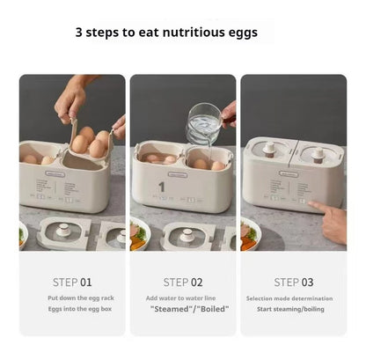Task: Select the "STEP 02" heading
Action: pos(183,283)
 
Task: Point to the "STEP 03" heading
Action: pos(293,283)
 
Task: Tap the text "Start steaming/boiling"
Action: pos(293,311)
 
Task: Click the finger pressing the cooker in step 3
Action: pos(329,212)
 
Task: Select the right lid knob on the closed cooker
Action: pos(317,151)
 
